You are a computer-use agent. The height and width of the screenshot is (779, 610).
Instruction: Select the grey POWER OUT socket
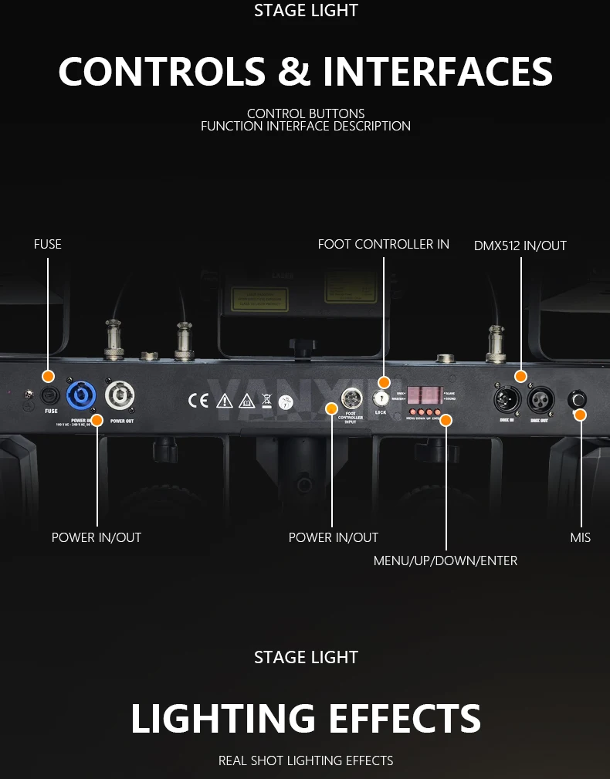tap(120, 395)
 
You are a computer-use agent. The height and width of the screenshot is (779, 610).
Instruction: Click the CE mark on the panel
tap(198, 400)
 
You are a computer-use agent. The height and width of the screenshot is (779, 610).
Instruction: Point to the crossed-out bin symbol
tap(266, 400)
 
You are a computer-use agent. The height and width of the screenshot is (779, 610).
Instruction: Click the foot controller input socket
tap(352, 398)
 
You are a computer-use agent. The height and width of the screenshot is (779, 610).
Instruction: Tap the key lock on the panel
tap(380, 398)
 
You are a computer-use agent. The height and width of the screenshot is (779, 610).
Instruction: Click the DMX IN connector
tap(507, 400)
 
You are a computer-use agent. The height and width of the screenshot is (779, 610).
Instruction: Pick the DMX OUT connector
tap(541, 400)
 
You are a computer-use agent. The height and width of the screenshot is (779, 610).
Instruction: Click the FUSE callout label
tap(48, 244)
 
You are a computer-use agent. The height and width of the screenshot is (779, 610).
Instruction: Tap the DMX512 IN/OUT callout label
tap(520, 246)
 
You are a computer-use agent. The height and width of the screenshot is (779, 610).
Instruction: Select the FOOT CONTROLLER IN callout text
tap(383, 244)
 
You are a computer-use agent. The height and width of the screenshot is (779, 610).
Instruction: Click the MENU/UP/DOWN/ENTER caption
tap(446, 561)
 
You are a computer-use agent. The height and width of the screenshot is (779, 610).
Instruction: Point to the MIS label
tap(581, 537)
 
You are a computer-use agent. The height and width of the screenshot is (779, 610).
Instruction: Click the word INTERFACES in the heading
tap(438, 72)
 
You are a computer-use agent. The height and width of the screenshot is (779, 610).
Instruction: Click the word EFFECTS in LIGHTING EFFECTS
tap(399, 719)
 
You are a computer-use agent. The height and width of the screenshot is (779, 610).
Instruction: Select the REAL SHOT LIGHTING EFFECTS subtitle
tap(306, 760)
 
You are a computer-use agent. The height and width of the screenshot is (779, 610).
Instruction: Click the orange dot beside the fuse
tap(48, 376)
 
